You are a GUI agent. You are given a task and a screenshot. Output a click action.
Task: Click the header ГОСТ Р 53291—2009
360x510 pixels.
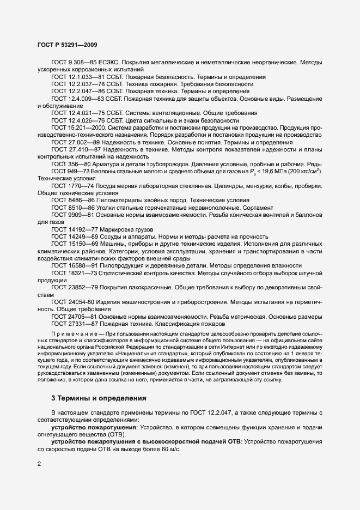(x=68, y=45)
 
